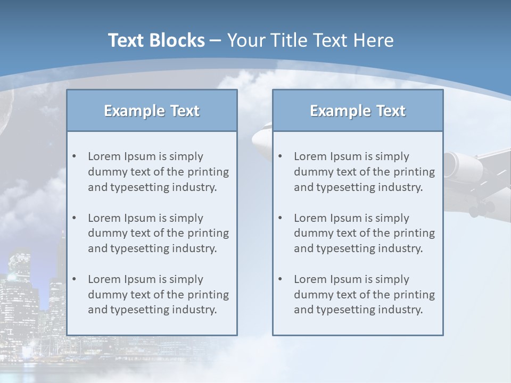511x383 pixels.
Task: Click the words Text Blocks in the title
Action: (156, 40)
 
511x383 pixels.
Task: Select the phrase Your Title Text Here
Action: (310, 40)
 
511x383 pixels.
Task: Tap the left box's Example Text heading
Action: (152, 111)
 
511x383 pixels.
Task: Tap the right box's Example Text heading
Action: (358, 111)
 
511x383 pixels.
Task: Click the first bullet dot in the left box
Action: (74, 156)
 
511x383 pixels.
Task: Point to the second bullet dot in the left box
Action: (74, 218)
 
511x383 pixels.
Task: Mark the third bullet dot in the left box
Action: (74, 279)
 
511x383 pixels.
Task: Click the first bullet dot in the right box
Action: (280, 156)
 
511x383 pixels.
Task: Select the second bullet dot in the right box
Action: (280, 218)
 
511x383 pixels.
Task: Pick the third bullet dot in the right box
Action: (280, 279)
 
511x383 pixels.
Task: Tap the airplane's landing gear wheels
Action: (482, 209)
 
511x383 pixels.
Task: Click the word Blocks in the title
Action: (178, 40)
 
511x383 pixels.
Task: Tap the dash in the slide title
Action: (216, 41)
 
